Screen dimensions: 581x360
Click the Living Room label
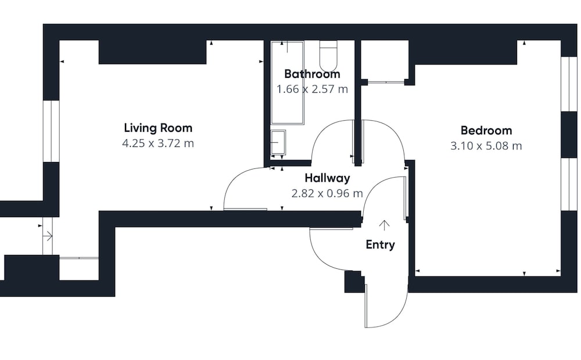[x=158, y=128]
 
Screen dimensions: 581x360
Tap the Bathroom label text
[x=312, y=74]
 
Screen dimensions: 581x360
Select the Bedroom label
[x=486, y=131]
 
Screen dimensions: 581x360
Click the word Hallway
[x=327, y=178]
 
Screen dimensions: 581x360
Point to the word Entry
[x=380, y=245]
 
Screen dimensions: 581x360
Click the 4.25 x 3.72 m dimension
[x=158, y=143]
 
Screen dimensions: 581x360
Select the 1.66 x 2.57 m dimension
[x=312, y=89]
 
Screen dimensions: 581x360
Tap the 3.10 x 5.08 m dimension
[x=486, y=146]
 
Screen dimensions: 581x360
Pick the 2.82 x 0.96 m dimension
[x=327, y=193]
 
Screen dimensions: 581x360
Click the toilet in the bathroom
[x=328, y=56]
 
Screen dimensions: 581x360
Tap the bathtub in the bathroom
[x=287, y=82]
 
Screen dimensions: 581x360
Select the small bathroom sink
[x=278, y=142]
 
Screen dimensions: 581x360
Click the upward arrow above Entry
[x=384, y=225]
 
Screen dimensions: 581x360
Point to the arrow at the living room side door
[x=48, y=236]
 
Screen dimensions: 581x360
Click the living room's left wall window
[x=52, y=131]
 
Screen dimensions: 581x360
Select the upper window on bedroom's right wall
[x=569, y=84]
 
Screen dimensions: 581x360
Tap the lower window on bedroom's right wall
[x=569, y=184]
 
